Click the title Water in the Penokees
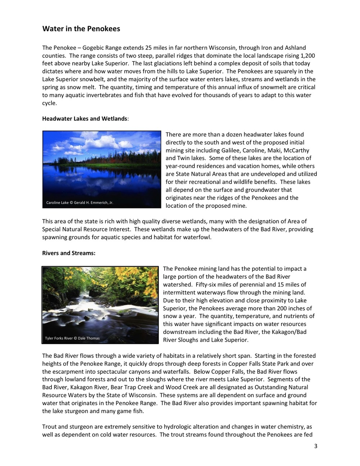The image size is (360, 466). (x=81, y=29)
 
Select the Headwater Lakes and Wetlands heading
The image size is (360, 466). (x=85, y=118)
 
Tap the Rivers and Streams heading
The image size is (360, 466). (x=69, y=253)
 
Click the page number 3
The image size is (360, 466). (x=316, y=447)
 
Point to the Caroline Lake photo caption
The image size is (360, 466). (x=80, y=203)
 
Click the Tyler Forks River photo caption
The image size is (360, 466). (x=72, y=338)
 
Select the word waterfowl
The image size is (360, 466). (x=198, y=237)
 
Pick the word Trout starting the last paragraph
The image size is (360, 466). (x=50, y=427)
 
